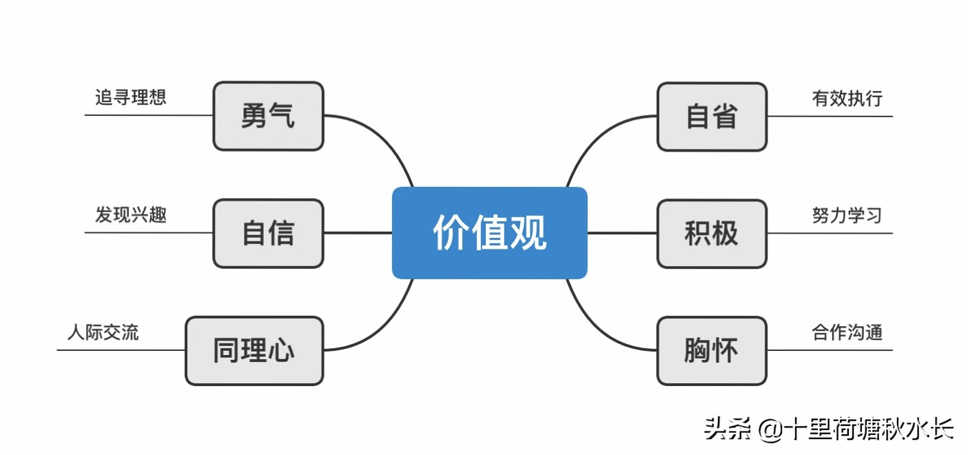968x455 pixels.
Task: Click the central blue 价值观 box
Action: point(489,233)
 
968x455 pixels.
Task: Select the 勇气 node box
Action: point(268,116)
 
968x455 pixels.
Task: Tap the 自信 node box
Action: point(268,233)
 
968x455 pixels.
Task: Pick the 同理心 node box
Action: point(254,350)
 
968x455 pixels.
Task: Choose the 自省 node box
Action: point(712,116)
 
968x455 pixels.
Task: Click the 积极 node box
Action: point(712,233)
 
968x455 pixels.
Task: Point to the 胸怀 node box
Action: point(712,350)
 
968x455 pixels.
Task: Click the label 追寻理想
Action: point(131,97)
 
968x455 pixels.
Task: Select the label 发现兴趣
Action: point(131,215)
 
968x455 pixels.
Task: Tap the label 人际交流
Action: point(103,332)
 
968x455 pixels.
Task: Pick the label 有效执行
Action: point(847,99)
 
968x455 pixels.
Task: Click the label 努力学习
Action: point(847,215)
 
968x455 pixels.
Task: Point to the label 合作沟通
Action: point(847,332)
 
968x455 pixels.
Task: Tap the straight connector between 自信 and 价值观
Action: point(358,233)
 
